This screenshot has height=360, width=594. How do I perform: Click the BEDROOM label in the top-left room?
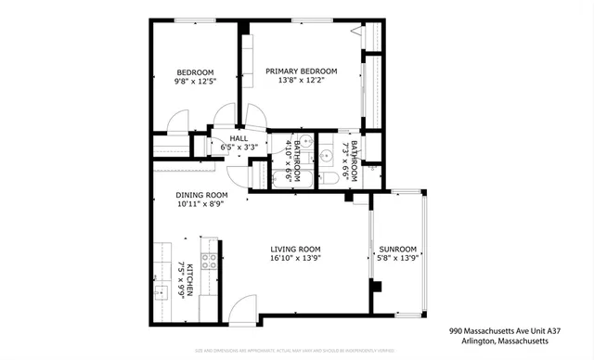196,72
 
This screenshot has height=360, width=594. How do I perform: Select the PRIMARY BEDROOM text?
301,71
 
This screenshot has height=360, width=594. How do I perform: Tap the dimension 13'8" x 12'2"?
301,81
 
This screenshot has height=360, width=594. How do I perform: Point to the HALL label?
239,137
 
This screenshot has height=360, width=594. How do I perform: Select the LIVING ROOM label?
295,249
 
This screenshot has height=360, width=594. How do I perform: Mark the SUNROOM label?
397,249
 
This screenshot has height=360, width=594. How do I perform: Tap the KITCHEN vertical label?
190,280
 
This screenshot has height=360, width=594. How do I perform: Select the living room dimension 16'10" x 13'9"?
295,259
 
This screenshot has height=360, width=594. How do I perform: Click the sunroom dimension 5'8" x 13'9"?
397,259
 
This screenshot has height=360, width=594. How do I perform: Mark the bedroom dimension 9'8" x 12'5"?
196,83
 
